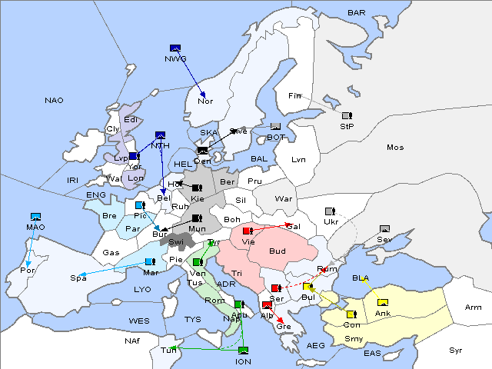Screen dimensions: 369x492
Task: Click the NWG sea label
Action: pos(175,58)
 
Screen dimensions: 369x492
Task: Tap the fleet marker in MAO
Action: pos(35,217)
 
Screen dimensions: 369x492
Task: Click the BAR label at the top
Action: pos(357,12)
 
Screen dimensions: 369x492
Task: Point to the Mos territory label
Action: pos(395,147)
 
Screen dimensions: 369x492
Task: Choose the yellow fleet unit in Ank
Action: pos(383,301)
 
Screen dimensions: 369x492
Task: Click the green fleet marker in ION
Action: pos(243,351)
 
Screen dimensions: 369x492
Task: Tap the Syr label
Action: pos(457,349)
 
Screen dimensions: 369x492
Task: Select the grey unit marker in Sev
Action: pos(384,229)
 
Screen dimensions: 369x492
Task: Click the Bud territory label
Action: pos(277,251)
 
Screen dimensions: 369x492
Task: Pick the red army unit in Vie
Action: pos(248,231)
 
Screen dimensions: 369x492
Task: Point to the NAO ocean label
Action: pos(54,101)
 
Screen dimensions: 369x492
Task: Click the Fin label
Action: pos(294,96)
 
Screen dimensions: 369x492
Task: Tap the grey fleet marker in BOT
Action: pos(275,127)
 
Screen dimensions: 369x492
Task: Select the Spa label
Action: pos(78,278)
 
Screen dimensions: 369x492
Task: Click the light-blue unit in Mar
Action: pos(149,261)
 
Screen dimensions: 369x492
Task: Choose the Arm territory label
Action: pos(473,307)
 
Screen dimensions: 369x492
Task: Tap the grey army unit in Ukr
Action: pos(331,211)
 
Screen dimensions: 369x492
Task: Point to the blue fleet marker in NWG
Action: pos(175,48)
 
